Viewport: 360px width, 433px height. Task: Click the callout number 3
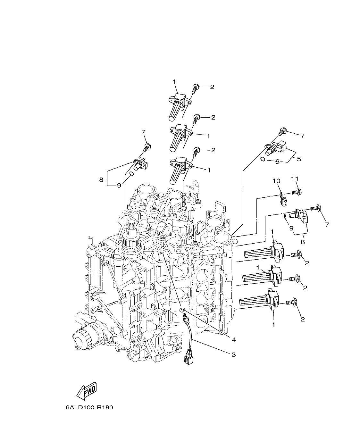[x=233, y=354]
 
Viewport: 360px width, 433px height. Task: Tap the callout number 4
[x=234, y=339]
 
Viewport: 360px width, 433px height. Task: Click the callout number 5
[x=299, y=159]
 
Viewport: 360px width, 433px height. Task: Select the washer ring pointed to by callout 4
[x=182, y=310]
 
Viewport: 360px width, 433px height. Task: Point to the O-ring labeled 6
[x=262, y=160]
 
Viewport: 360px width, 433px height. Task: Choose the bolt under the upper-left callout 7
[x=147, y=148]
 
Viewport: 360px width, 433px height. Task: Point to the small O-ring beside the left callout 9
[x=131, y=174]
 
